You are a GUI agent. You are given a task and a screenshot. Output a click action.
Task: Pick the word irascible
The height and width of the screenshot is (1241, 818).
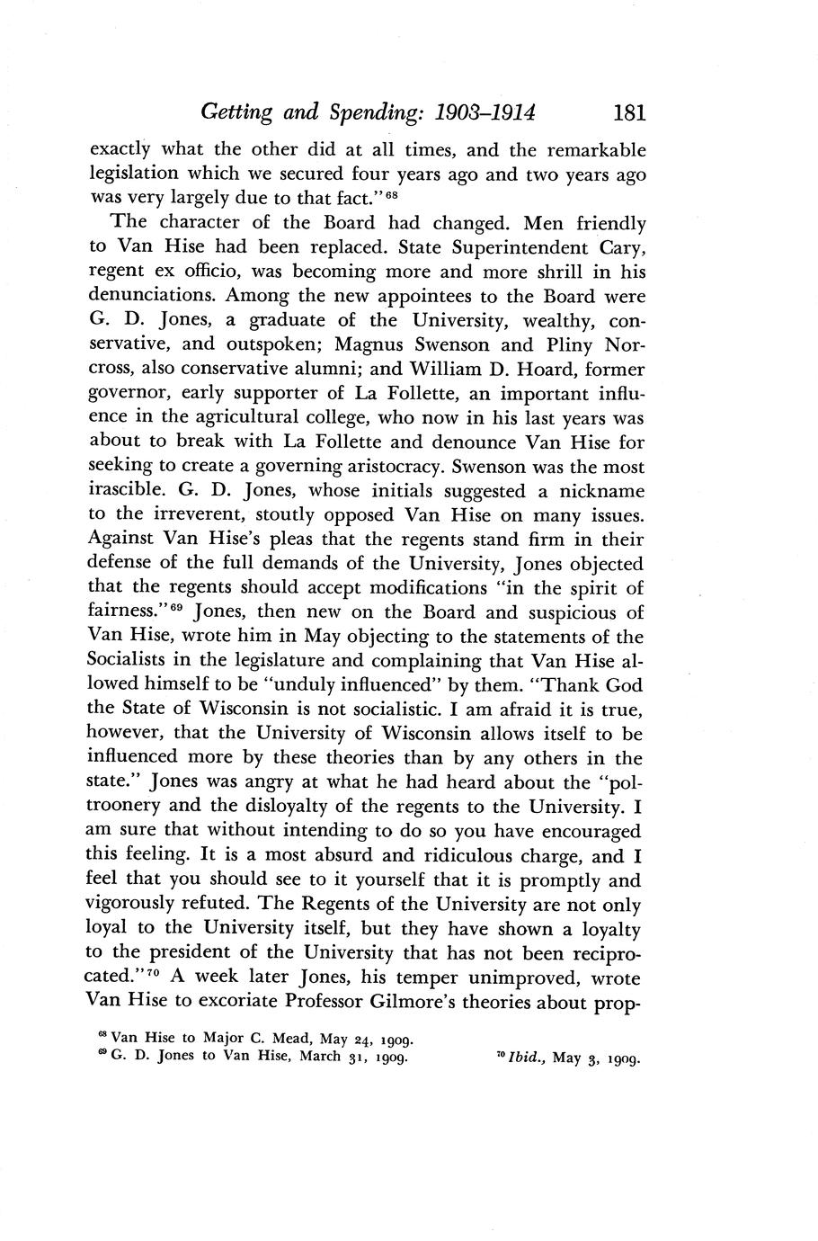click(x=130, y=492)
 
